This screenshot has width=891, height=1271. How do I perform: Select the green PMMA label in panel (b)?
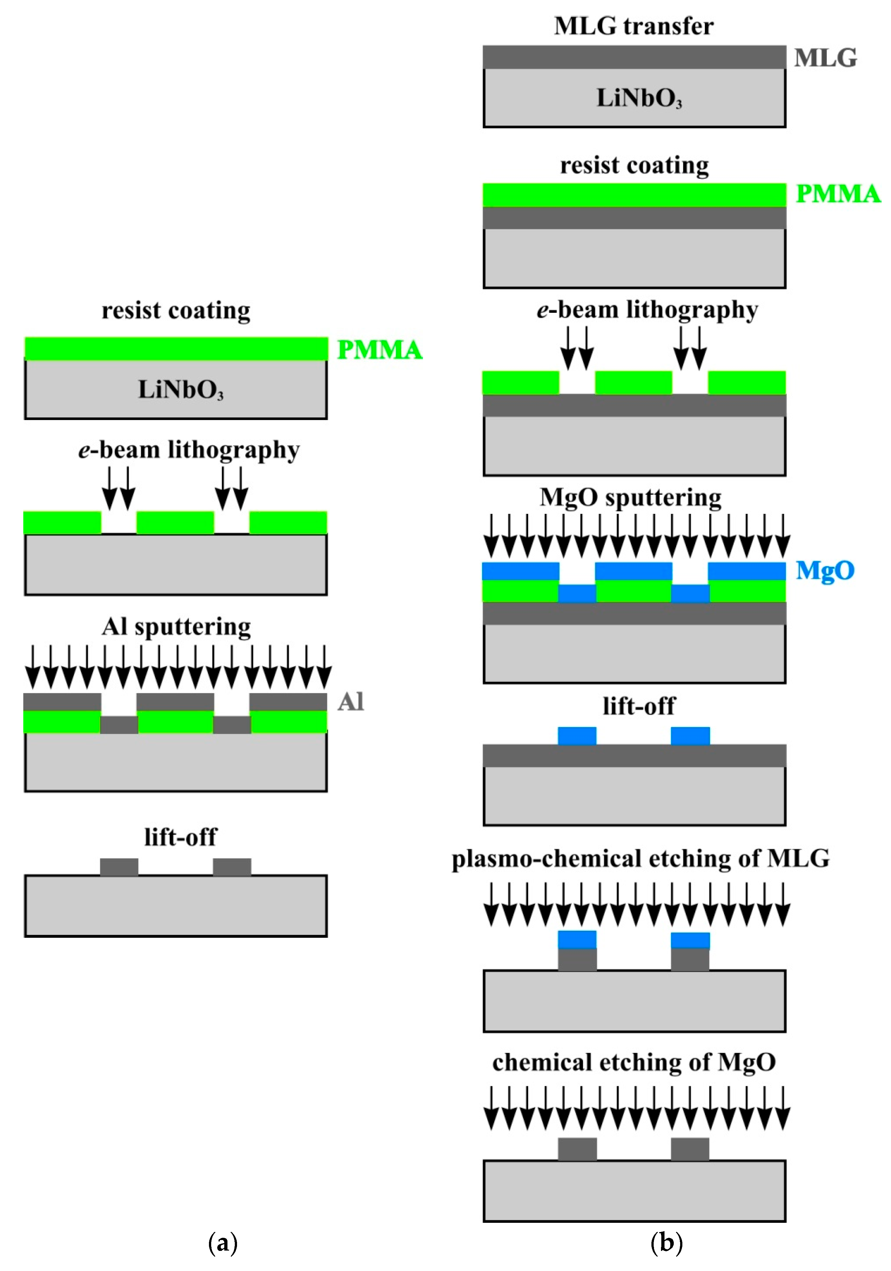837,194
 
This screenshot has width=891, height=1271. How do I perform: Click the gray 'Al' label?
351,702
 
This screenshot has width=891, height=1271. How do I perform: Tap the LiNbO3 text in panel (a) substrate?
181,390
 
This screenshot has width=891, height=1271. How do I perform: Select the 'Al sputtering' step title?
176,627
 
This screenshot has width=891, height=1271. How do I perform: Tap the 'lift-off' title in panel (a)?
181,837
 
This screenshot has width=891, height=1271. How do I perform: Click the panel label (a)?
223,1243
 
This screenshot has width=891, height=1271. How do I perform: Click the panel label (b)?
666,1243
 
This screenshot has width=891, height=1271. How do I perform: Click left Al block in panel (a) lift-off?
119,867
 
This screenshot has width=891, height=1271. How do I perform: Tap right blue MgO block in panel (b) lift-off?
690,736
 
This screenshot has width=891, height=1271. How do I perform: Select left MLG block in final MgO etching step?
577,1149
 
